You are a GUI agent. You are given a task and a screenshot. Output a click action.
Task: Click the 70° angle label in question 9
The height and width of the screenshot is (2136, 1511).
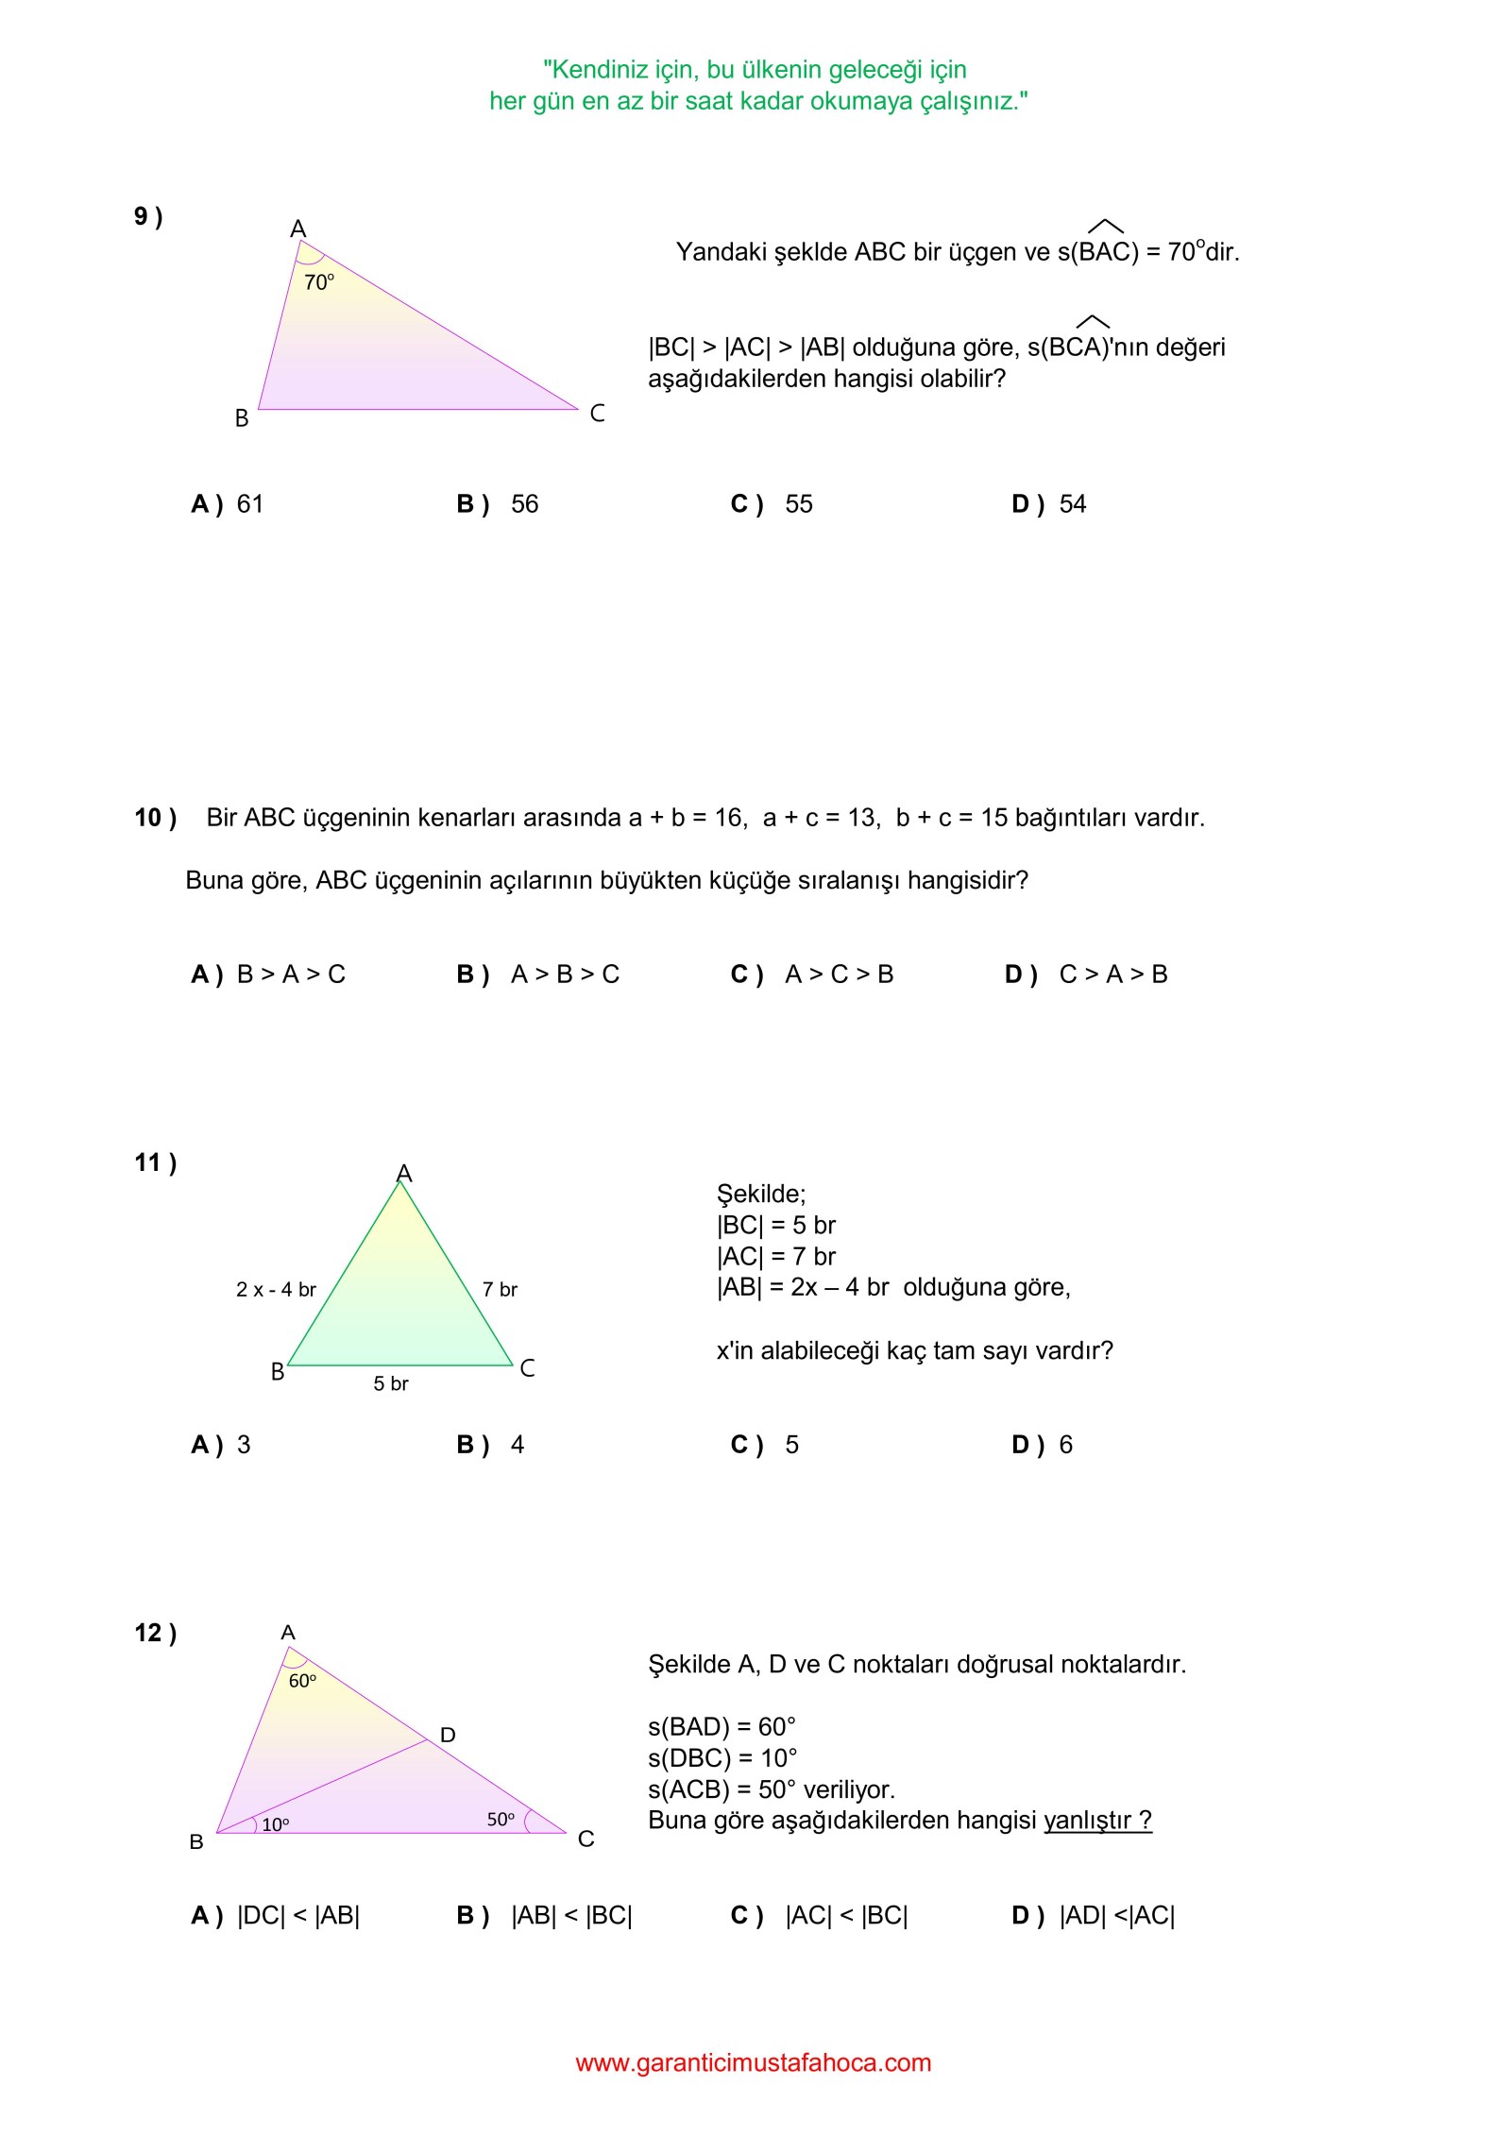click(x=318, y=282)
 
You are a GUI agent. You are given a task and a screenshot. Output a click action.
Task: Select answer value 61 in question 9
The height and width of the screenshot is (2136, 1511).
click(x=249, y=504)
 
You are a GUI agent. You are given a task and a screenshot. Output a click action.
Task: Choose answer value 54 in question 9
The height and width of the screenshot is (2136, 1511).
click(x=1072, y=504)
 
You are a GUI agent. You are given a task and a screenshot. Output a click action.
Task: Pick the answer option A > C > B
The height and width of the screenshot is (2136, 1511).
click(x=839, y=975)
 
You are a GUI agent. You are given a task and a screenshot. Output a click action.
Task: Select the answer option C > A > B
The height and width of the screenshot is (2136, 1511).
click(x=1112, y=975)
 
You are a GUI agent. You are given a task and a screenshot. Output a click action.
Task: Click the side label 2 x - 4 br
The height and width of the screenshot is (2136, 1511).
click(x=276, y=1290)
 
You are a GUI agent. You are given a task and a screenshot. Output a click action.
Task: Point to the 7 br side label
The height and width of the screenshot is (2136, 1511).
click(x=500, y=1290)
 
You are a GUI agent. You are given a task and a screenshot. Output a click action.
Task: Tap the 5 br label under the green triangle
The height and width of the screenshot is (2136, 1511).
click(x=390, y=1384)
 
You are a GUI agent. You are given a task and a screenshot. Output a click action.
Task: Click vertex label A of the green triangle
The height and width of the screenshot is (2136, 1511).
click(x=404, y=1173)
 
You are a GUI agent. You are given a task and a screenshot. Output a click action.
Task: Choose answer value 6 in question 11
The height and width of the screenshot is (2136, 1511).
click(x=1065, y=1445)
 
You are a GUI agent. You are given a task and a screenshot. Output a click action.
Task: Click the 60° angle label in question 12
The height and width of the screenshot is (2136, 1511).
click(x=302, y=1682)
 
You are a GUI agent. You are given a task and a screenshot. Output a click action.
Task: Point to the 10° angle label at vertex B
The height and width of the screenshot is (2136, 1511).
click(x=275, y=1825)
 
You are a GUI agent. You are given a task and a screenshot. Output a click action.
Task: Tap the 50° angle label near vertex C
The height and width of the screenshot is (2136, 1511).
click(x=501, y=1820)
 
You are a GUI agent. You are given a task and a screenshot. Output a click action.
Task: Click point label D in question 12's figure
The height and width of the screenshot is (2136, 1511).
click(x=448, y=1735)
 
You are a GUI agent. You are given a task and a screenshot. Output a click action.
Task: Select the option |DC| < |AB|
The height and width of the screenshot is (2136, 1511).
click(x=297, y=1916)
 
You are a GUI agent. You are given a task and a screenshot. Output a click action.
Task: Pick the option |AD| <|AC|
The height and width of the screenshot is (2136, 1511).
click(x=1116, y=1916)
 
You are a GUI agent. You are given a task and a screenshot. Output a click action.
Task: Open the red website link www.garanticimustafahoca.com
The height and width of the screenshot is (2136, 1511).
click(x=754, y=2063)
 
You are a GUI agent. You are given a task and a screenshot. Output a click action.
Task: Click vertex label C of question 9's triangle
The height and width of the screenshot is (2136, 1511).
click(x=597, y=414)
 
